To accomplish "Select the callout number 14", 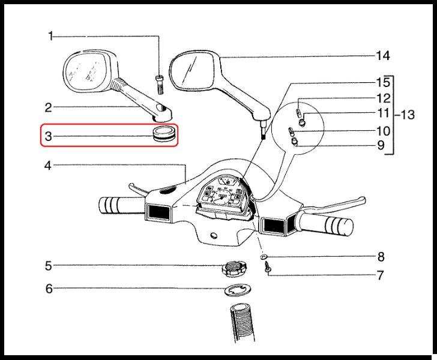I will pos(383,56).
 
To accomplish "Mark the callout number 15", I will pos(383,82).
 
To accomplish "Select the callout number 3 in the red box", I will pos(50,136).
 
